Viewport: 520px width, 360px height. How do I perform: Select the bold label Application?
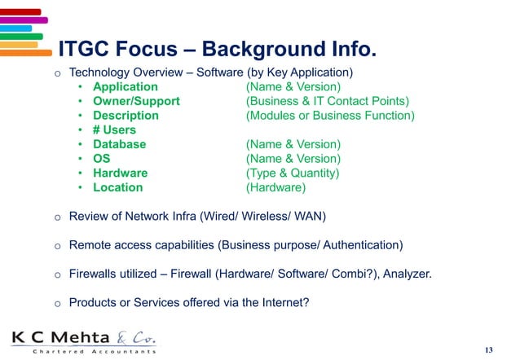126,87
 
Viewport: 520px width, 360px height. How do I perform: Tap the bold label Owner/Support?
136,102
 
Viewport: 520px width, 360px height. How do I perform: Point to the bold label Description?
126,116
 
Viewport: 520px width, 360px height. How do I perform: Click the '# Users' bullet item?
114,130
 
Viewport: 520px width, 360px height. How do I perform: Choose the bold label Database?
119,144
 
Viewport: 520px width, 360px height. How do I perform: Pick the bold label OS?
102,159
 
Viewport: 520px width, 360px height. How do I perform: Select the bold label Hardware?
120,173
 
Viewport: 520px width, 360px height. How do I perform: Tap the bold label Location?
117,187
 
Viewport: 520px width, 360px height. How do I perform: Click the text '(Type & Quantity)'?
292,173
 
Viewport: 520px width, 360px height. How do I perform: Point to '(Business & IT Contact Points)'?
328,102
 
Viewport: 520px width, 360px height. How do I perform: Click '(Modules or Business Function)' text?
330,116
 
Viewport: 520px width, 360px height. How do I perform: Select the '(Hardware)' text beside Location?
275,187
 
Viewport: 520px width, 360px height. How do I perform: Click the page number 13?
488,349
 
